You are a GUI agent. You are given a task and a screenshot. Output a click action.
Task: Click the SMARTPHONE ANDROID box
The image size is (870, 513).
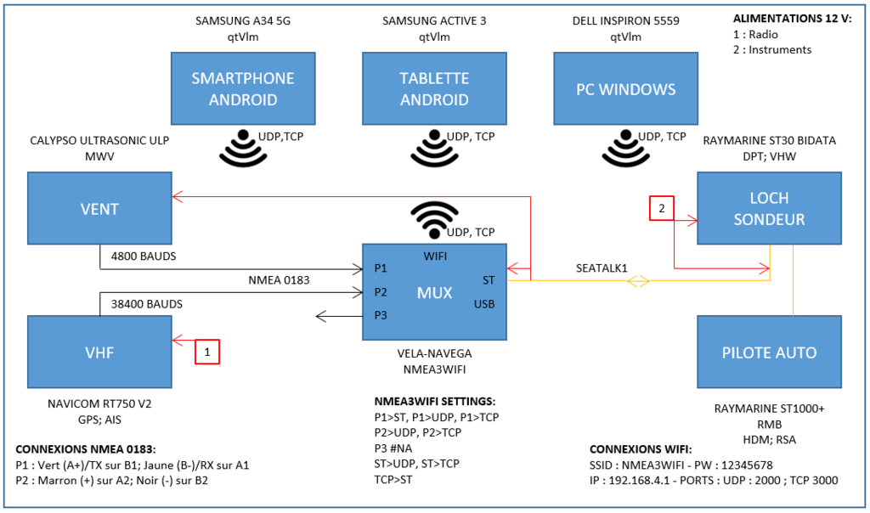tap(243, 88)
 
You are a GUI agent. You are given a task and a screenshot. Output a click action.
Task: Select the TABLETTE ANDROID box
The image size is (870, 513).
tap(434, 88)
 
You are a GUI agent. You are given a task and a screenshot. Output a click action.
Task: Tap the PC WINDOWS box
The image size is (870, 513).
tap(625, 88)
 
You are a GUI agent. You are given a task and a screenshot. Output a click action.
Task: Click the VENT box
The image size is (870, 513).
tap(99, 209)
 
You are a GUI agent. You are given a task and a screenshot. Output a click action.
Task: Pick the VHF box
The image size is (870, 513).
tap(99, 352)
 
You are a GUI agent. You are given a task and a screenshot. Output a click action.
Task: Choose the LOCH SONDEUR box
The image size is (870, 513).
tap(769, 209)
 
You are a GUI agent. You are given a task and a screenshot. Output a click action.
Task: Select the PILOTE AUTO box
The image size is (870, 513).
tap(769, 352)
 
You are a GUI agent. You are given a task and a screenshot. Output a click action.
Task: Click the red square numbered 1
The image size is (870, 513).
tap(207, 352)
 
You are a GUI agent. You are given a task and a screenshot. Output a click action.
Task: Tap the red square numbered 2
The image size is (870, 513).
tap(662, 207)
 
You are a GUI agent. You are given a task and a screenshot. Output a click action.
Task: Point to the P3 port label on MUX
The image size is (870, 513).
tap(381, 316)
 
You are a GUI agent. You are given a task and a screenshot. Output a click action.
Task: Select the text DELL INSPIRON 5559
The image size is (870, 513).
tap(624, 20)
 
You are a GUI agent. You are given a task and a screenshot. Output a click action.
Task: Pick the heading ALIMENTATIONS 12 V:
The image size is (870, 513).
tap(791, 19)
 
